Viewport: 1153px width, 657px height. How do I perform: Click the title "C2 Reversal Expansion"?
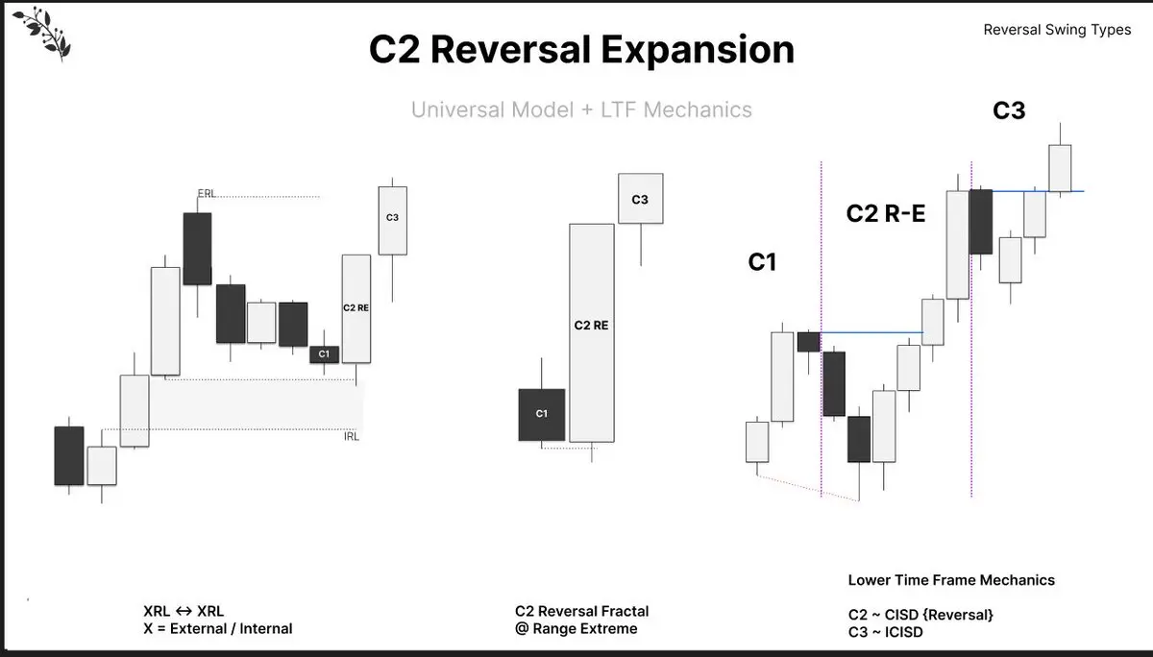click(x=581, y=50)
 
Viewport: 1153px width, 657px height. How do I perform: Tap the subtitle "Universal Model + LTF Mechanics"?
click(x=581, y=109)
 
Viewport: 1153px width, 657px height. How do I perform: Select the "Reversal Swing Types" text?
click(x=1057, y=30)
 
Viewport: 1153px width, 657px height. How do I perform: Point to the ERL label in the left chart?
click(x=207, y=194)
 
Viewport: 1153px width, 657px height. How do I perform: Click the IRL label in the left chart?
click(x=352, y=437)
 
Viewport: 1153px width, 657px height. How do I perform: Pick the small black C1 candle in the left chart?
click(x=324, y=354)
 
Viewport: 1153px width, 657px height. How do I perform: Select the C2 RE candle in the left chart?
click(x=356, y=308)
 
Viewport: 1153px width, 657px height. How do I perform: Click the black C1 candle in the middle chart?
click(x=542, y=414)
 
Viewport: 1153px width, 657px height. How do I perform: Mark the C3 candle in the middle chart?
click(x=640, y=199)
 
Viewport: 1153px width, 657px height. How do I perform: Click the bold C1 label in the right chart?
click(x=762, y=261)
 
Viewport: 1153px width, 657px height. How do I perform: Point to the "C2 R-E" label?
click(x=885, y=213)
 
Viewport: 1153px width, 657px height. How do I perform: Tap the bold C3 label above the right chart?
click(x=1009, y=110)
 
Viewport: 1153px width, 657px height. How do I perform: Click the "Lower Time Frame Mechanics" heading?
click(x=951, y=580)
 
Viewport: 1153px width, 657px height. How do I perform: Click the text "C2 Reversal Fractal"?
click(x=581, y=611)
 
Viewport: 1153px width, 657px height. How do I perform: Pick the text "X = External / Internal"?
click(x=218, y=629)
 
